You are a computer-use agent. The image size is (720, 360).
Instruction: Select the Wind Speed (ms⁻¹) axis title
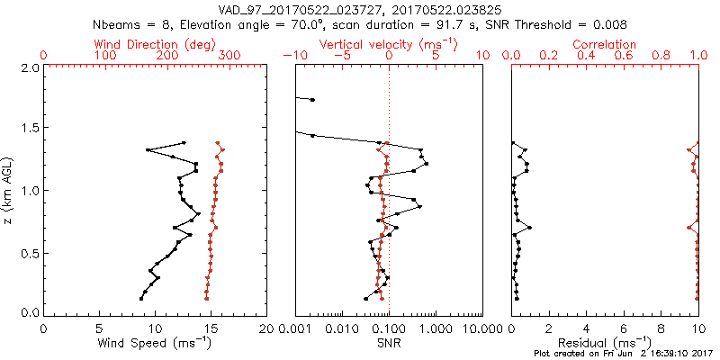156,343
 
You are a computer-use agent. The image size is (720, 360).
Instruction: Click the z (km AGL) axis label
9,192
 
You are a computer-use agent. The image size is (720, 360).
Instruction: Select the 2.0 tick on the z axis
29,67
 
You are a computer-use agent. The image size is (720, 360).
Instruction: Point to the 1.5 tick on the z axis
29,130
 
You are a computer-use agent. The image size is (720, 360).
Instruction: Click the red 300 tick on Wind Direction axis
229,56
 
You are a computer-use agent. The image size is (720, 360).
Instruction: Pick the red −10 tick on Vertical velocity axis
292,56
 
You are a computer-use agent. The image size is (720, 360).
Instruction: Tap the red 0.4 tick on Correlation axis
586,56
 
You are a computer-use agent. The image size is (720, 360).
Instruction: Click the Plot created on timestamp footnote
621,354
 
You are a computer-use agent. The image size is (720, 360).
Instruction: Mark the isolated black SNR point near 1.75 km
312,99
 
